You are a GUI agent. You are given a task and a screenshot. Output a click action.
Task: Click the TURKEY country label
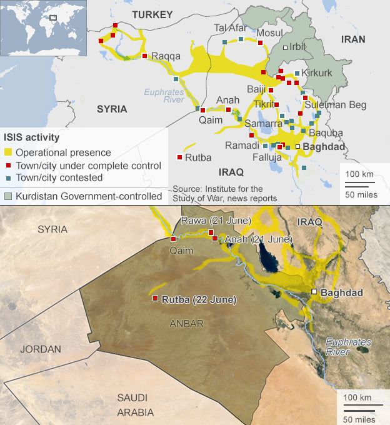(x=152, y=14)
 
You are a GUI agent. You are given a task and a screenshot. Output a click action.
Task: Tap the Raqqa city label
(x=166, y=56)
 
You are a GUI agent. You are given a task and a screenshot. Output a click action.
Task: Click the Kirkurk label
(x=317, y=73)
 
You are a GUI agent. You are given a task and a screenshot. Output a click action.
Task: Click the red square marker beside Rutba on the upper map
(x=180, y=157)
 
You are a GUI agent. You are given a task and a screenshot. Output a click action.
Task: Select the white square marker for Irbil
(x=286, y=47)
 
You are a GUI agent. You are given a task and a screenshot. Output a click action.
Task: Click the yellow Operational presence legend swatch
(x=8, y=152)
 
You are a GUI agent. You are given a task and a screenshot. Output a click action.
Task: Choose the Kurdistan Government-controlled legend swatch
(x=8, y=196)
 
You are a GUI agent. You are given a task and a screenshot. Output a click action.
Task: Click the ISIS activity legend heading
(x=31, y=137)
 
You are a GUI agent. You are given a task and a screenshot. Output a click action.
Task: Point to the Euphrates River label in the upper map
(x=164, y=95)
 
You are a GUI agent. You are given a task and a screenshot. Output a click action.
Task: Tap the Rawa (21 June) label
(x=216, y=221)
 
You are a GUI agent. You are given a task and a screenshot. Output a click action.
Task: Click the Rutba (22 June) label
(x=199, y=299)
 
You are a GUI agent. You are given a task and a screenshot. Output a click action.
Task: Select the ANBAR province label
(x=187, y=323)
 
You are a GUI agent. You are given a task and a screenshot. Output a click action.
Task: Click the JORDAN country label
(x=40, y=349)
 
